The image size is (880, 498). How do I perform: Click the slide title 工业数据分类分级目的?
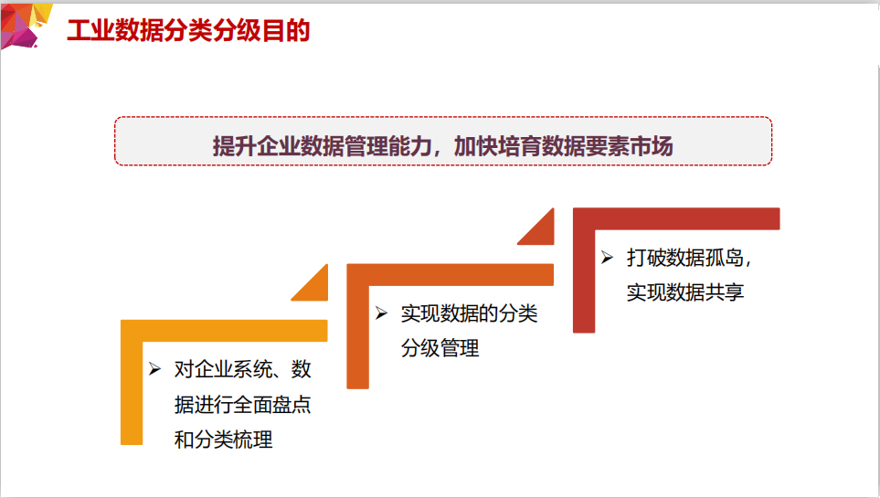pyautogui.click(x=188, y=30)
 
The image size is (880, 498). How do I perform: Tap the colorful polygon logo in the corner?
pyautogui.click(x=24, y=26)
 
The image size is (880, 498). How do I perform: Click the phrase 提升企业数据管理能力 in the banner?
pyautogui.click(x=322, y=146)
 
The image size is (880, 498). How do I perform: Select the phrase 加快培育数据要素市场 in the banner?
pyautogui.click(x=563, y=146)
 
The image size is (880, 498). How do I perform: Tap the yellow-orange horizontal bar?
pyautogui.click(x=224, y=331)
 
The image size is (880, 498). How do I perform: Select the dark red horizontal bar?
pyautogui.click(x=676, y=218)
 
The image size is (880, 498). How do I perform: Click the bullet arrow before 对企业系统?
pyautogui.click(x=155, y=369)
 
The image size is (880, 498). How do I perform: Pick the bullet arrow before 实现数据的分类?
pyautogui.click(x=382, y=313)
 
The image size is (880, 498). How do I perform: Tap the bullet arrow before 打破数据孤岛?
pyautogui.click(x=608, y=257)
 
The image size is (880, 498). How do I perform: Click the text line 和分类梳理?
pyautogui.click(x=223, y=439)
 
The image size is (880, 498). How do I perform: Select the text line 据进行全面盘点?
pyautogui.click(x=242, y=404)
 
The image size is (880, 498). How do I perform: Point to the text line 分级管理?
pyautogui.click(x=440, y=348)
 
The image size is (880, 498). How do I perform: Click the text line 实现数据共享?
pyautogui.click(x=685, y=292)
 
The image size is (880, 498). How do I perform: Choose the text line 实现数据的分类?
pyautogui.click(x=469, y=313)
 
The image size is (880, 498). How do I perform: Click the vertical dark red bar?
pyautogui.click(x=584, y=270)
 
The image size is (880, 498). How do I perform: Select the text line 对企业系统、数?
pyautogui.click(x=242, y=369)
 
